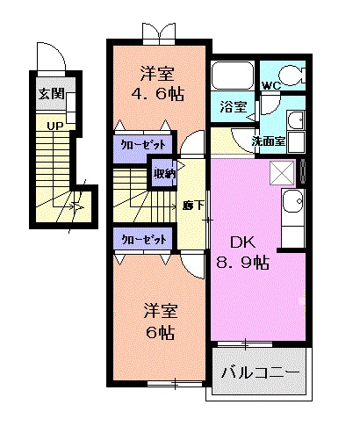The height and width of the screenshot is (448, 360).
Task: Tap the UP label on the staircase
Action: click(x=54, y=126)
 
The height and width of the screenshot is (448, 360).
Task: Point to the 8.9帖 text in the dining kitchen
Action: click(x=243, y=261)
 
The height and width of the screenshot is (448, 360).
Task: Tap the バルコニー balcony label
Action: click(x=260, y=372)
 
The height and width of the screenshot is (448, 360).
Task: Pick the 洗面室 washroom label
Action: click(x=267, y=141)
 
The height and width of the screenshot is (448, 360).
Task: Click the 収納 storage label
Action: click(x=164, y=174)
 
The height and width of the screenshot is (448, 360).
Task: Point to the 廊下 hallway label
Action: click(x=192, y=206)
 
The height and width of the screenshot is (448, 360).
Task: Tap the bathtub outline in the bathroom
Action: click(x=234, y=77)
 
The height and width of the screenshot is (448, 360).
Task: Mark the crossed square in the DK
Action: click(x=284, y=171)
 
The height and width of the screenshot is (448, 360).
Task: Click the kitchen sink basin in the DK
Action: click(x=293, y=207)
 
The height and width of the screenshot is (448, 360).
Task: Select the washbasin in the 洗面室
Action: click(x=296, y=119)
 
